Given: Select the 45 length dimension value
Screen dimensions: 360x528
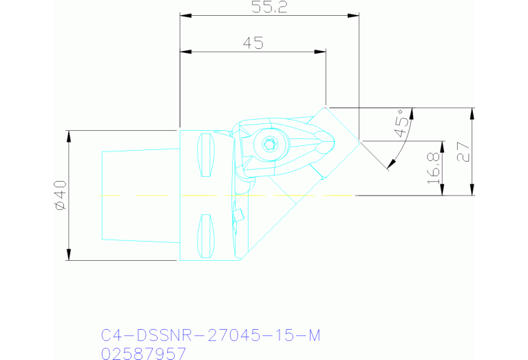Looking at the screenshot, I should [x=253, y=43].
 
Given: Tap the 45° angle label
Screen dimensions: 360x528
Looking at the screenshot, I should [x=400, y=123].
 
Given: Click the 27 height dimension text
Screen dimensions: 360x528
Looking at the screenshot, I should [x=463, y=151].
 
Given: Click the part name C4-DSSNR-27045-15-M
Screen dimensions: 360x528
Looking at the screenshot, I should [x=211, y=335].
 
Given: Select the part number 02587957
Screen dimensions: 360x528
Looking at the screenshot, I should [x=143, y=353].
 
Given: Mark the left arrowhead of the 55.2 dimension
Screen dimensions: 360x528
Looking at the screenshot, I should [x=184, y=15].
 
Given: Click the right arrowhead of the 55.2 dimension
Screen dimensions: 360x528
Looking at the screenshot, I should [x=355, y=15].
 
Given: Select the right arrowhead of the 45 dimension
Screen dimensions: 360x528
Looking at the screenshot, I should [x=321, y=51].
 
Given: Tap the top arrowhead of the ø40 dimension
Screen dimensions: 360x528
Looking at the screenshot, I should [x=68, y=134].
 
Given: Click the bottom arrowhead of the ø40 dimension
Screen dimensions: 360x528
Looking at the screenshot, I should [x=68, y=256].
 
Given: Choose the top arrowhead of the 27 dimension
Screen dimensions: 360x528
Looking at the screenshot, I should [x=472, y=112].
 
